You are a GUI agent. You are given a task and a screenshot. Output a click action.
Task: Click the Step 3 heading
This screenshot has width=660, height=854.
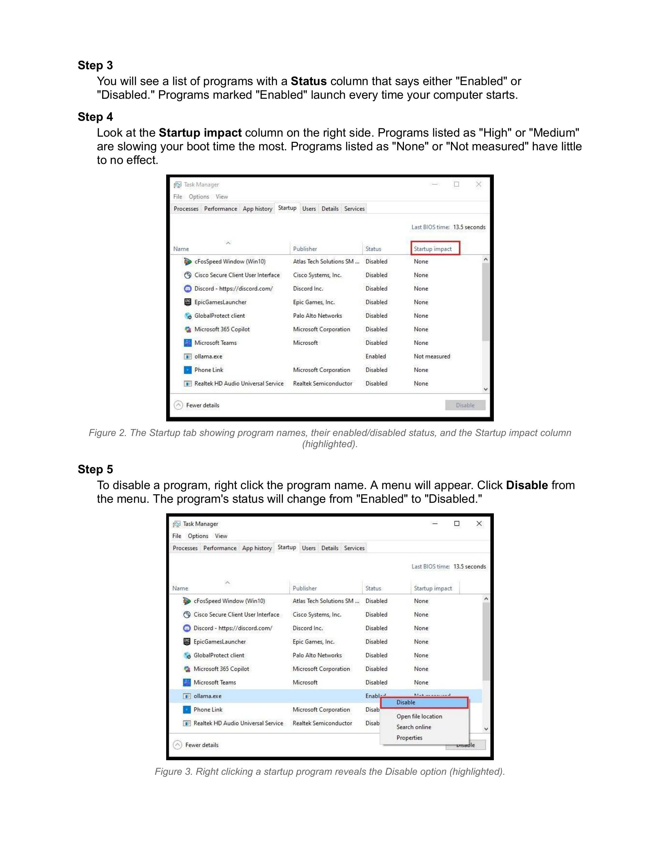pos(95,65)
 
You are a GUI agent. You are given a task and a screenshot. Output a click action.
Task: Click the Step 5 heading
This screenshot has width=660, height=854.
pos(95,469)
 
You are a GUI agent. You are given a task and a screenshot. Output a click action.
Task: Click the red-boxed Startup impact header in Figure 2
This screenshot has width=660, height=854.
pos(435,249)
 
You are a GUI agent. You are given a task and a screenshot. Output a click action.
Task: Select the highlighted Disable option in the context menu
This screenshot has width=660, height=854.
pos(424,702)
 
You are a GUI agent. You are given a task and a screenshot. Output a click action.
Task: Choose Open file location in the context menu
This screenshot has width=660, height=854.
pos(419,716)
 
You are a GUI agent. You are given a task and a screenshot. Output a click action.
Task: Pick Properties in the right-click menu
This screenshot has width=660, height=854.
pos(409,738)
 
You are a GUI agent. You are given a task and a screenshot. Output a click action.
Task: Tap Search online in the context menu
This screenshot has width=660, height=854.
pos(414,727)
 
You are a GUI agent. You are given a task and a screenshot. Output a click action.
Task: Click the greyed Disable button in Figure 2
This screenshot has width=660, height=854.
pos(465,405)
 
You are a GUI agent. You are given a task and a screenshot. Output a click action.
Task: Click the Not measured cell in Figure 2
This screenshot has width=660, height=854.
pos(432,356)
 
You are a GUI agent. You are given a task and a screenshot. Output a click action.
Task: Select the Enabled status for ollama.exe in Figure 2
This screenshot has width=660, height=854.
pos(376,356)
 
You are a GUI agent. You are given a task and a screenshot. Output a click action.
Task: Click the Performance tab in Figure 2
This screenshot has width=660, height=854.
pos(221,209)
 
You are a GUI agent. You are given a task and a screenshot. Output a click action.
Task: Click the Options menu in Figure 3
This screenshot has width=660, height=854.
pos(198,536)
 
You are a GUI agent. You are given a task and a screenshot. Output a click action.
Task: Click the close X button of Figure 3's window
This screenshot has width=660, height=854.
pos(479,524)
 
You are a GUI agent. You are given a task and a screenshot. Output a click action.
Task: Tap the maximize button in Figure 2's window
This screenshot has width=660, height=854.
pos(456,184)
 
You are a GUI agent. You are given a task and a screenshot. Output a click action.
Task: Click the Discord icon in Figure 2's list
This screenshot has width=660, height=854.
pos(188,288)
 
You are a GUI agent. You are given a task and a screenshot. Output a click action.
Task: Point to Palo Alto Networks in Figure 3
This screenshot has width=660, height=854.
pos(317,655)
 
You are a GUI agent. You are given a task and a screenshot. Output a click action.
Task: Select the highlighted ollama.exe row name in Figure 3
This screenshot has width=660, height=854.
pos(207,696)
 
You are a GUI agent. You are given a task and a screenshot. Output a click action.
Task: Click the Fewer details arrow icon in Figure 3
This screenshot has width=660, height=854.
pos(178,745)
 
